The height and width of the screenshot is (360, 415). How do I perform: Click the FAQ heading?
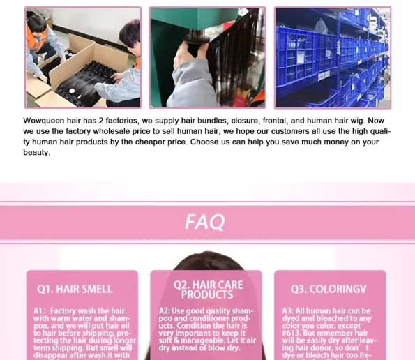pos(205,222)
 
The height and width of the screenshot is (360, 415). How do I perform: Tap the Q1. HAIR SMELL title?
pos(75,289)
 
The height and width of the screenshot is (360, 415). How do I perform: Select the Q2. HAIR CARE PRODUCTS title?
pos(208,290)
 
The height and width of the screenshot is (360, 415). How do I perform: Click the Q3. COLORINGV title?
pos(329,289)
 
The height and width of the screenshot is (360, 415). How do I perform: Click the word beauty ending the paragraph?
pos(36,153)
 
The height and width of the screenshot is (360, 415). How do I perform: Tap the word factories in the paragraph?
pos(122,121)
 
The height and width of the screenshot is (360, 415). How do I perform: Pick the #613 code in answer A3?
pos(291,333)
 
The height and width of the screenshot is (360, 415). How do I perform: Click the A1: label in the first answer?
pos(40,310)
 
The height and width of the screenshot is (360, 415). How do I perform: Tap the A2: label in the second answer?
pos(164,310)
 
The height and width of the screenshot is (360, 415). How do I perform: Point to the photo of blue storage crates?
pos(333,58)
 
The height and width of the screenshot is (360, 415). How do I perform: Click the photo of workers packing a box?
pos(83,58)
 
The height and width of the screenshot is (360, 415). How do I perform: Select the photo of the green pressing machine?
pos(208,58)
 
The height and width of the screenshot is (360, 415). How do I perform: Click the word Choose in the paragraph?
pos(203,142)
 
